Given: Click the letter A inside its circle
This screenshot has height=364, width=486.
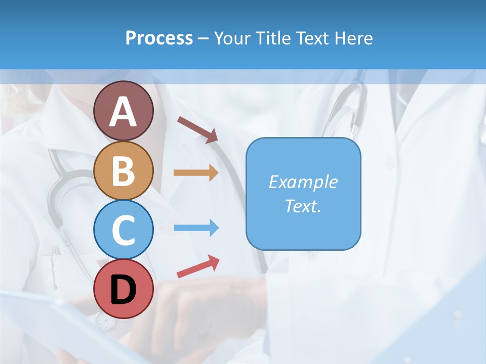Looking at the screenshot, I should pos(123,111).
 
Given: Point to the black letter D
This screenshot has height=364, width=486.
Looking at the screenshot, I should pos(123,290).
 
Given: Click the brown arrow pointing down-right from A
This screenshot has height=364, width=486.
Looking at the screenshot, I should pos(197,129).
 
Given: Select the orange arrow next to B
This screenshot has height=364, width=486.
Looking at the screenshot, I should pos(195,173).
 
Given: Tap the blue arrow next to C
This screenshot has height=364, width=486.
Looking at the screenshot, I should pos(195,228).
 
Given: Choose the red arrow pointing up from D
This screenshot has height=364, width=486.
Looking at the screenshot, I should pos(198,266).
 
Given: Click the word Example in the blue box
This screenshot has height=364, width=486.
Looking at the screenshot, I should pos(303,182).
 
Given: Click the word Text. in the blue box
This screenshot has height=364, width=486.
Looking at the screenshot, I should pos(303,206).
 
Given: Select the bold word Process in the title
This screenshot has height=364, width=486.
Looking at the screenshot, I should pos(159,38).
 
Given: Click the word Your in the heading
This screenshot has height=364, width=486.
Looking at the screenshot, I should pos(232,38).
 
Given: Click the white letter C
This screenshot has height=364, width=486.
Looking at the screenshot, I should pos(123,230).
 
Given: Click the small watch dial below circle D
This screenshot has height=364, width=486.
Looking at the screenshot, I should pos(105,322).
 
